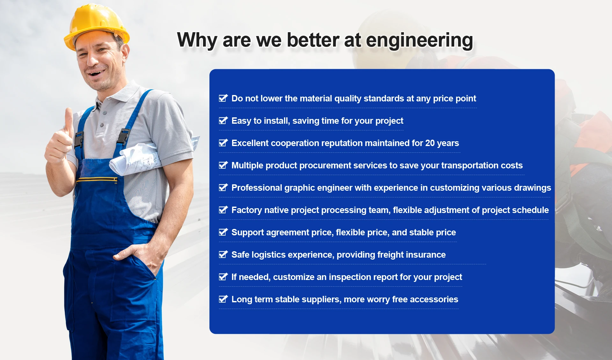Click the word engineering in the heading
click(x=419, y=40)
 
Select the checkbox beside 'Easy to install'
click(x=223, y=121)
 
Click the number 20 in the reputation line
click(x=430, y=143)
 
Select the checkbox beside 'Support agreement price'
click(x=223, y=232)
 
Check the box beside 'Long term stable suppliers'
click(x=223, y=299)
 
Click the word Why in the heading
click(x=197, y=40)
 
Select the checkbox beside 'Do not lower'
click(x=223, y=98)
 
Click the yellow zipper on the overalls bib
click(x=97, y=180)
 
